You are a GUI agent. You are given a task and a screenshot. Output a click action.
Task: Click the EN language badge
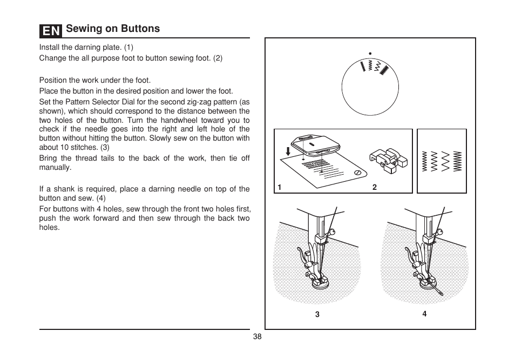coord(50,30)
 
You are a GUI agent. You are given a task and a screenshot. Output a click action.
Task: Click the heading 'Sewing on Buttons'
coord(113,29)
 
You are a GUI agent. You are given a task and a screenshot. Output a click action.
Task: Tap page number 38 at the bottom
coord(257,336)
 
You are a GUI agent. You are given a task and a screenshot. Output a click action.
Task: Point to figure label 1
coord(280,187)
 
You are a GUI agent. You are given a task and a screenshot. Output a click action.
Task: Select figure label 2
coord(374,187)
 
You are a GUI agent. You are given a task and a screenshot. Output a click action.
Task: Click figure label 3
coord(317,314)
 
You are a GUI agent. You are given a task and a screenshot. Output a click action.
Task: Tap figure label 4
coord(424,313)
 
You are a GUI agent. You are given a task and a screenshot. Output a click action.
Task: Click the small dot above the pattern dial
coord(370,53)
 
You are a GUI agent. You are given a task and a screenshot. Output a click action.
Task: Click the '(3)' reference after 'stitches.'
coord(105,147)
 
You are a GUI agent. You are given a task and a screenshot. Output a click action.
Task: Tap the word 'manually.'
coord(55,168)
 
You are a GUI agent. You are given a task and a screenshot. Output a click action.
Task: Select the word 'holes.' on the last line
coord(49,228)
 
